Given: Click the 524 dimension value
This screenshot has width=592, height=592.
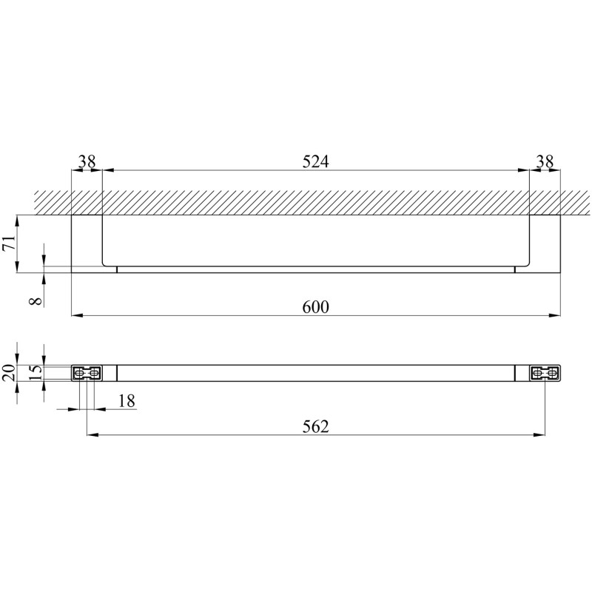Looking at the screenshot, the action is (316, 161).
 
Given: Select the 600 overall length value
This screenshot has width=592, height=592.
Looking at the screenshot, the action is (316, 306).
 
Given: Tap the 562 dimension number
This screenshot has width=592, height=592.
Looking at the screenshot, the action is (316, 427).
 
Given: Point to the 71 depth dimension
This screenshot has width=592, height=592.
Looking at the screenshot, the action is (9, 242).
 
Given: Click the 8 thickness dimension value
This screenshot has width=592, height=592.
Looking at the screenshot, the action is (36, 301).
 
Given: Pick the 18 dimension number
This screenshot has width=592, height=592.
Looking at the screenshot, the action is (127, 401).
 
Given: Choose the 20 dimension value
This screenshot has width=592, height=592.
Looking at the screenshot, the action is (9, 372).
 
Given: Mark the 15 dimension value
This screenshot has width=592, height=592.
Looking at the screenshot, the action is (36, 373).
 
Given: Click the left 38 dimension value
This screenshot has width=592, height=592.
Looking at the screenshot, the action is (87, 161).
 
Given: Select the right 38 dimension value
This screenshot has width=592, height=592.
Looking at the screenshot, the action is (545, 161).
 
